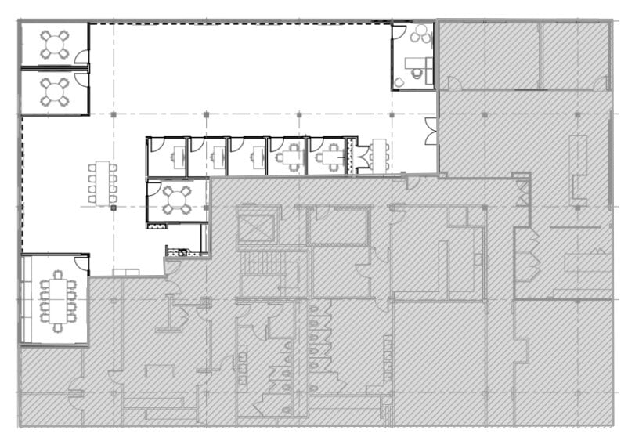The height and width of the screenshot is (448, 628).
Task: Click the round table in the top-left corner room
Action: click(x=55, y=44)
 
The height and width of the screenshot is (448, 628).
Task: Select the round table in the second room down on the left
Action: click(x=55, y=92)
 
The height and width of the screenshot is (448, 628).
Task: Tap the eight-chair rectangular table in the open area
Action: click(x=103, y=183)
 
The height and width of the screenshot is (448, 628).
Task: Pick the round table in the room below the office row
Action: click(x=177, y=200)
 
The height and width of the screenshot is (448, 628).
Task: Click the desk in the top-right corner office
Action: click(x=415, y=67)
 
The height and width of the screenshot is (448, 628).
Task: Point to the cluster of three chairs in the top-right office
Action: click(x=421, y=34)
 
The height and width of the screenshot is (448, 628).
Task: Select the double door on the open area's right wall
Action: click(x=431, y=131)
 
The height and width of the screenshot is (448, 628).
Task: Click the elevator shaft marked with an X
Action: click(x=254, y=226)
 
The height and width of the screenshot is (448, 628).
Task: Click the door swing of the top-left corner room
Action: click(x=81, y=57)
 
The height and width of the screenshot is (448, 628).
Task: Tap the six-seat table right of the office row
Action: click(x=380, y=154)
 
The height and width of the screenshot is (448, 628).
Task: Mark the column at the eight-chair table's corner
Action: click(x=114, y=208)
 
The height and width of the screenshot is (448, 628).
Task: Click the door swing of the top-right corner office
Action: click(x=399, y=32)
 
